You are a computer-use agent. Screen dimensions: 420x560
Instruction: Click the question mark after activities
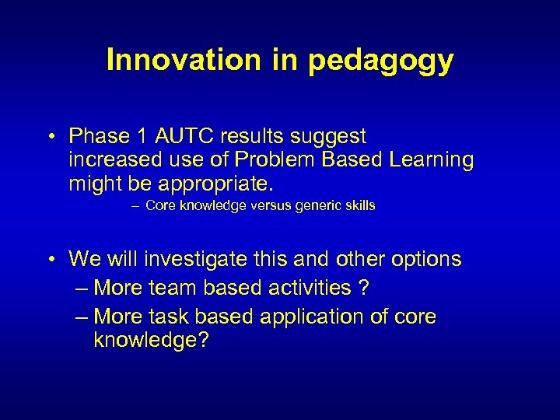pyautogui.click(x=364, y=288)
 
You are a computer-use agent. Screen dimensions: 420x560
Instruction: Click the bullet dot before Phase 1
pyautogui.click(x=49, y=137)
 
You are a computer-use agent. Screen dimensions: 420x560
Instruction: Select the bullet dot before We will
pyautogui.click(x=49, y=259)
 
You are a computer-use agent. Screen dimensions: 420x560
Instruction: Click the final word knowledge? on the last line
pyautogui.click(x=151, y=341)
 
